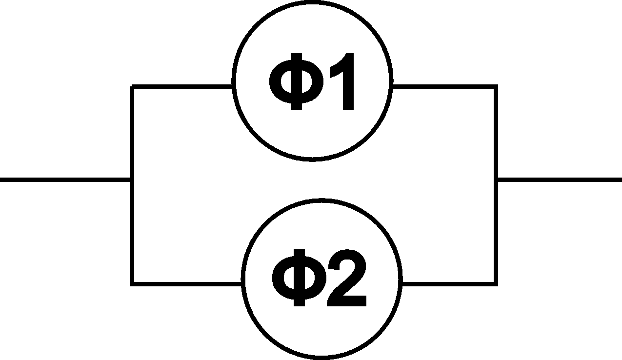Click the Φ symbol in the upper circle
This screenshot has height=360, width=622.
click(x=296, y=81)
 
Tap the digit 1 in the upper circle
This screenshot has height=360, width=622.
click(x=342, y=81)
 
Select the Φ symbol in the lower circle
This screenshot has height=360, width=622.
click(x=299, y=278)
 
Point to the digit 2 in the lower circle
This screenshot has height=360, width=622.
click(x=347, y=278)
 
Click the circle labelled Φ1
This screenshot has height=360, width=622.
click(x=233, y=80)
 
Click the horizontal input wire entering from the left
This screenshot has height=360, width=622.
click(x=65, y=180)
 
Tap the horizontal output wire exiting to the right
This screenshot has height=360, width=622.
click(x=560, y=180)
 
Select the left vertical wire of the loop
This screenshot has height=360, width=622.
click(x=132, y=185)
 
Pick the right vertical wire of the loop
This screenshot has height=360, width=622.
click(x=496, y=185)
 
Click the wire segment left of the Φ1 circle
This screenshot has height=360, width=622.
click(x=182, y=87)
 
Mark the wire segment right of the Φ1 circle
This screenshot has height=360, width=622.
click(x=445, y=87)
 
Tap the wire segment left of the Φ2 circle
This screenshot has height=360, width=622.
click(x=186, y=284)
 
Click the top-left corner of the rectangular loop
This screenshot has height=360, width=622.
click(x=132, y=87)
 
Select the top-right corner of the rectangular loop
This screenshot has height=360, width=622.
click(x=496, y=87)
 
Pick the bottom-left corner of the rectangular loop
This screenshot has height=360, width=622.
click(x=132, y=284)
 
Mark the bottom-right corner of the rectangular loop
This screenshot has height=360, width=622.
click(x=496, y=284)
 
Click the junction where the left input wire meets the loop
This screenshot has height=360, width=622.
click(x=132, y=180)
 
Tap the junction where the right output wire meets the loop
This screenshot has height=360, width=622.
click(x=496, y=180)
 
